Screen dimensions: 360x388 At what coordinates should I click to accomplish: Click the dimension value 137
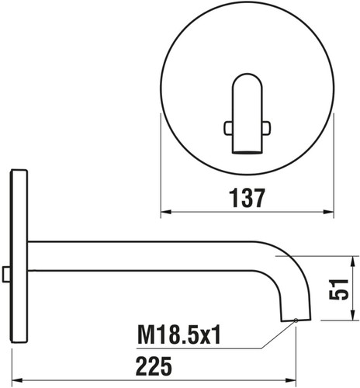247,198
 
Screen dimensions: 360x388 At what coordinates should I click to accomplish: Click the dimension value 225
154,366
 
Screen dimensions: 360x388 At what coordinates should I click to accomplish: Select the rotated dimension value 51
339,289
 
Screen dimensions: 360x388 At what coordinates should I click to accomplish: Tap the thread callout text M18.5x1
179,334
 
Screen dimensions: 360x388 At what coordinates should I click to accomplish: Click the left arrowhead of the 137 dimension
166,212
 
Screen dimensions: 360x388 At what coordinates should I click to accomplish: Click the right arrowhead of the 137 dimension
328,212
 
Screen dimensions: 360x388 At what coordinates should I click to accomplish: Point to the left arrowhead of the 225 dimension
18,380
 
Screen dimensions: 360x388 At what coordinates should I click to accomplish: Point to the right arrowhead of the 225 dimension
291,380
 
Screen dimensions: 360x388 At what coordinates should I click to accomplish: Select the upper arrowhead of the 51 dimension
352,262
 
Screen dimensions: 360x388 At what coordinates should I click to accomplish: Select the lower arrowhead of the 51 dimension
352,315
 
